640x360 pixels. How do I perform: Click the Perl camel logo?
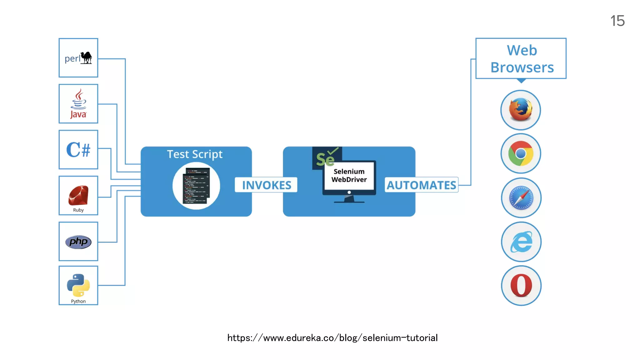(86, 58)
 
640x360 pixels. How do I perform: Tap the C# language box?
(78, 150)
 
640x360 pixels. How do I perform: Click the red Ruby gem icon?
(78, 195)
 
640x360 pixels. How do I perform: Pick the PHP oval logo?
(78, 242)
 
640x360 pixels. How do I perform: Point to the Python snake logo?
(78, 285)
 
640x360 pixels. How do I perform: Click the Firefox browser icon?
(521, 110)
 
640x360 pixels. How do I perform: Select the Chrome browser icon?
(521, 153)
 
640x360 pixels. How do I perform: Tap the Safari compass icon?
(521, 198)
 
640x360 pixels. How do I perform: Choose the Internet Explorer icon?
(521, 242)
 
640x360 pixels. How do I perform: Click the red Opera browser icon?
(521, 286)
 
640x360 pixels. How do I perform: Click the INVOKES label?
(267, 185)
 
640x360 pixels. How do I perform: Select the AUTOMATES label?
(421, 185)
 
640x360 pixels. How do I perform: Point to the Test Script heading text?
(195, 154)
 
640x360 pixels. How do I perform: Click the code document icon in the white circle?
(196, 186)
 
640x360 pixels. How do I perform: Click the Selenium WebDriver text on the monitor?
(349, 176)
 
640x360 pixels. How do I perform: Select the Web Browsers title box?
(521, 59)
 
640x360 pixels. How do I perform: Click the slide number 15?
(617, 21)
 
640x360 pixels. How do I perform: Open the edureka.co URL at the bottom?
(332, 338)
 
